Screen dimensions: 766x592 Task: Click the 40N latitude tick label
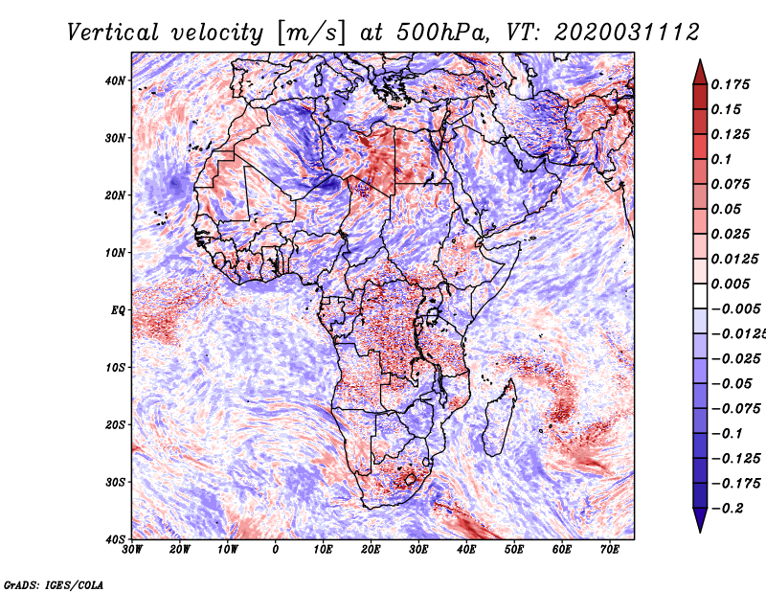coord(115,80)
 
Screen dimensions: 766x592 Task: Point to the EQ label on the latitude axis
coord(118,310)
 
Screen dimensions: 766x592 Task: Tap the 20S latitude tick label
coord(115,424)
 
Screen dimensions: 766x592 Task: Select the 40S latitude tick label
coord(115,539)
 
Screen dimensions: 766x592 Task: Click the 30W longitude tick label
coord(132,550)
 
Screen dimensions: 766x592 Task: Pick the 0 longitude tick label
coord(276,550)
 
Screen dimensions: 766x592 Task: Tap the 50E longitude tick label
coord(514,550)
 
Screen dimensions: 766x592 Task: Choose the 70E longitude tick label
coord(610,550)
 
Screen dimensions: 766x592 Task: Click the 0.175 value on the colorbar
coord(731,84)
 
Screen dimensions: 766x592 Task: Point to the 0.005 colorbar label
coord(731,284)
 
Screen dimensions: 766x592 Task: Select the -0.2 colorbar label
coord(727,509)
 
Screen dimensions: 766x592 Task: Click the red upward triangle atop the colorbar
coord(700,74)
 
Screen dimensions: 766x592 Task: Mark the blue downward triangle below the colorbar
coord(700,518)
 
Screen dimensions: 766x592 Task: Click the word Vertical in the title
coord(113,33)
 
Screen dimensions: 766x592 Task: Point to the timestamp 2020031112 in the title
coord(627,33)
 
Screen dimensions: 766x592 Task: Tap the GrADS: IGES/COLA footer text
coord(54,584)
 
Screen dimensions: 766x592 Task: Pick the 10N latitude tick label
coord(115,253)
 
